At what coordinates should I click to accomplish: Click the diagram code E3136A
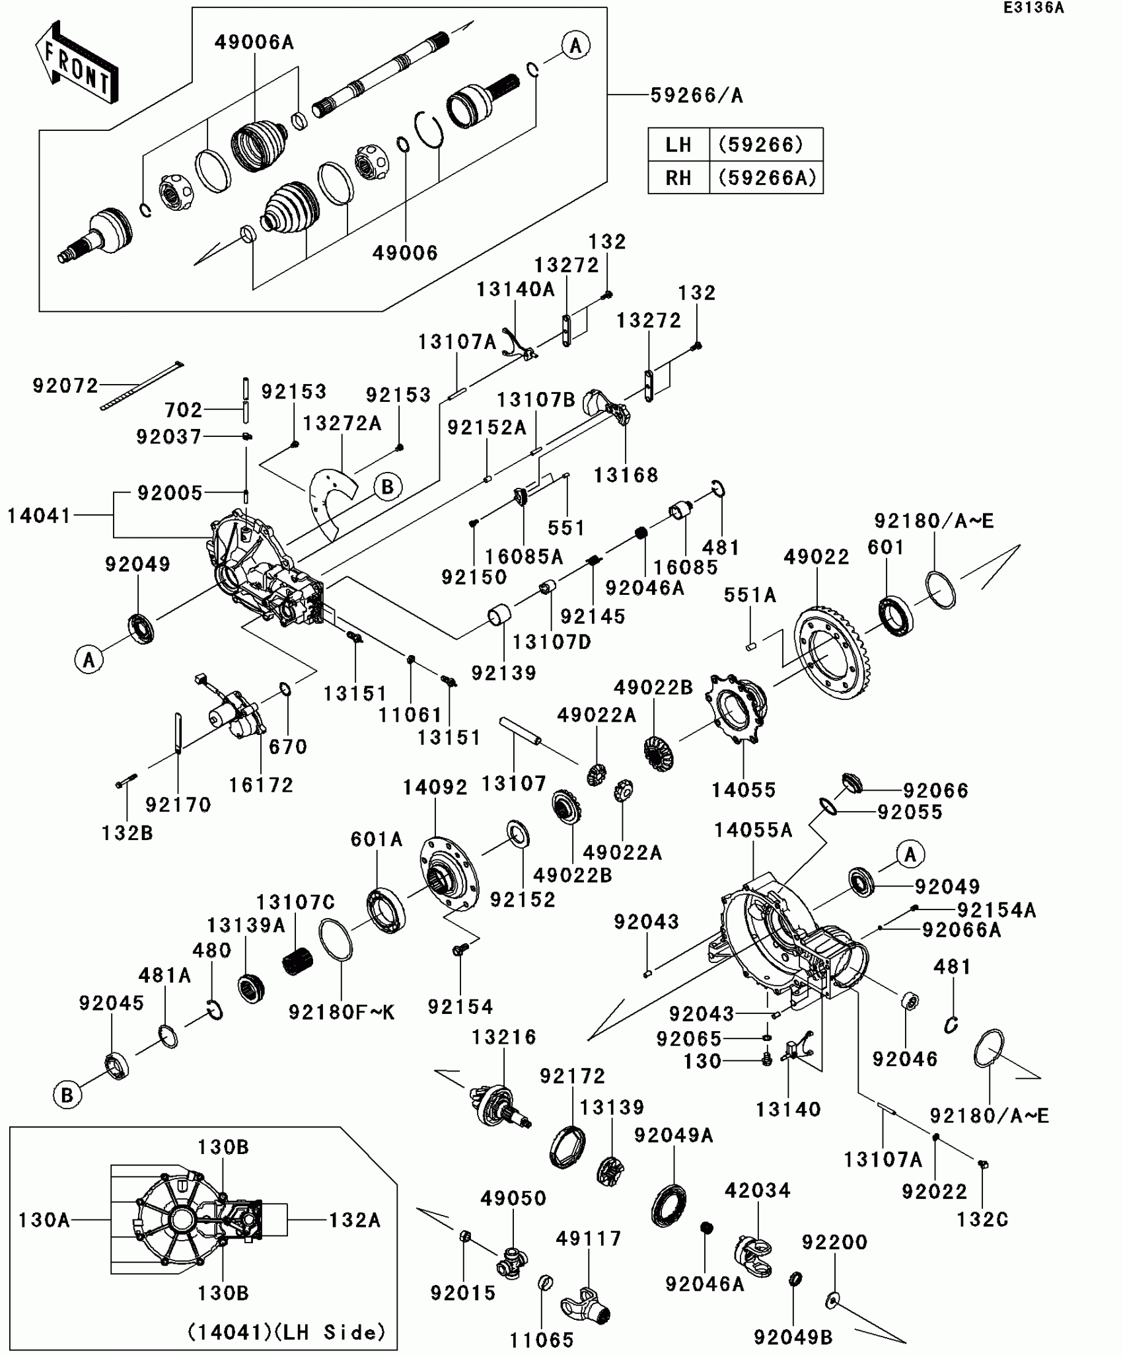[1033, 8]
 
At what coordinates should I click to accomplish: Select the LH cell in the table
[678, 145]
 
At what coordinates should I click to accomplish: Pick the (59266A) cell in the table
[766, 178]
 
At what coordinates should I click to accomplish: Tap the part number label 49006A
[254, 43]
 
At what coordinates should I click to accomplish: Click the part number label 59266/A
[697, 96]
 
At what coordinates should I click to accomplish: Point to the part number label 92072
[65, 385]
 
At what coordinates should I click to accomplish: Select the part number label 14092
[435, 787]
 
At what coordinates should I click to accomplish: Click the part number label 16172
[261, 785]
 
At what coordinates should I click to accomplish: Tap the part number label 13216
[505, 1037]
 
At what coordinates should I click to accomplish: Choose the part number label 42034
[758, 1190]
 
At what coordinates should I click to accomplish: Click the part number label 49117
[589, 1238]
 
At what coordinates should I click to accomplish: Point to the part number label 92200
[834, 1242]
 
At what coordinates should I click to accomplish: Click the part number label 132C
[982, 1219]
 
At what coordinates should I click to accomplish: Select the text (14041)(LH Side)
[287, 1332]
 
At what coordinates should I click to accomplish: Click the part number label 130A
[44, 1219]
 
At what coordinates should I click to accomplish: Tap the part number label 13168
[626, 475]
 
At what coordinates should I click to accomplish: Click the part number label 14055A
[753, 830]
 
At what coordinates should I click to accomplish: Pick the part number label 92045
[112, 1003]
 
